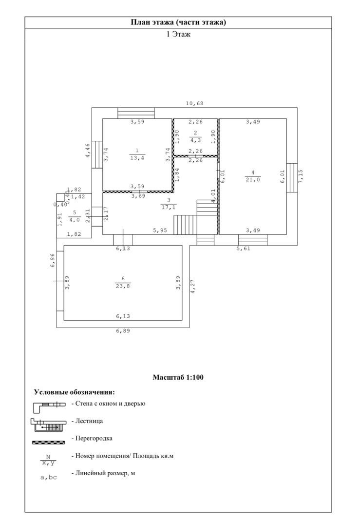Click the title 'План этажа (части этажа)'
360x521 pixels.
click(178, 22)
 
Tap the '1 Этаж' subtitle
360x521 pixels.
click(178, 34)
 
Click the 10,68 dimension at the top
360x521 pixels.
click(194, 103)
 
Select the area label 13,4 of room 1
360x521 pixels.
click(137, 158)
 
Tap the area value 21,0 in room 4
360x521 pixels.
click(253, 180)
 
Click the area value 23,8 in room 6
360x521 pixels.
click(123, 286)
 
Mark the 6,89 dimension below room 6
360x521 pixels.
click(123, 331)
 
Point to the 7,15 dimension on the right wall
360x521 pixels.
click(301, 177)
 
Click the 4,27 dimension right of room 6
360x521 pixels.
click(192, 287)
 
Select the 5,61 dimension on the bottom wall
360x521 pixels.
click(243, 248)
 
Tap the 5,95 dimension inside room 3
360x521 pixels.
click(160, 230)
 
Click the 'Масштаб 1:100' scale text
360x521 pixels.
click(178, 377)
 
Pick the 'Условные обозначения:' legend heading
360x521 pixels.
click(75, 392)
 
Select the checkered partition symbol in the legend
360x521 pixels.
click(49, 442)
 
